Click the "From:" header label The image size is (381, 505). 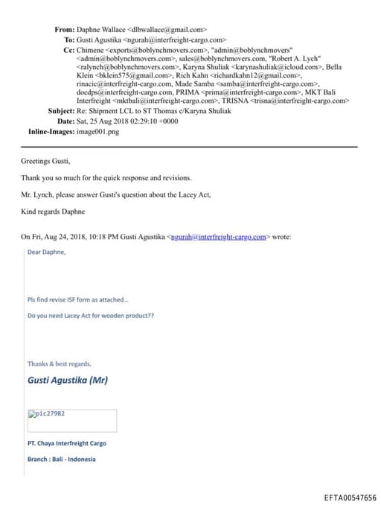click(x=64, y=30)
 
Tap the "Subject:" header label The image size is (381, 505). click(x=60, y=110)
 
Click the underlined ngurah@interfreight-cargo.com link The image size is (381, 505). click(x=219, y=237)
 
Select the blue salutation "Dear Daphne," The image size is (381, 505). click(x=46, y=252)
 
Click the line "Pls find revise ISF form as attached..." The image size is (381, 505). click(x=77, y=300)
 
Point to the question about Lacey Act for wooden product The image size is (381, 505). click(x=90, y=316)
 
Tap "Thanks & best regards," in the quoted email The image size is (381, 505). click(x=60, y=363)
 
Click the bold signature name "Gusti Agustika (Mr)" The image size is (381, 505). click(x=68, y=380)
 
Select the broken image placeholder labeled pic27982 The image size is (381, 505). click(x=71, y=420)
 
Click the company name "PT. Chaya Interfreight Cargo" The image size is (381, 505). click(x=66, y=443)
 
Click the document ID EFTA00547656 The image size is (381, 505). click(x=350, y=497)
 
